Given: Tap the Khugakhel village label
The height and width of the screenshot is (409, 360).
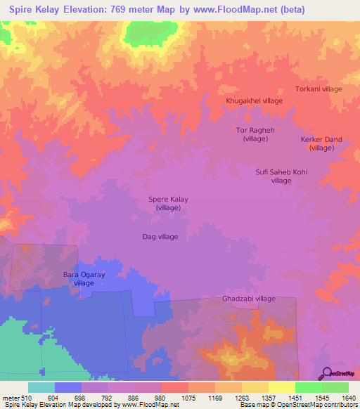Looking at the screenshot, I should coord(254,101).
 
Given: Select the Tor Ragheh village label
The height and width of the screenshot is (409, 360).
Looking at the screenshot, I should coord(254,134).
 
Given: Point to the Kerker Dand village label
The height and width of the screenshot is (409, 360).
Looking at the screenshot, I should coord(321,143).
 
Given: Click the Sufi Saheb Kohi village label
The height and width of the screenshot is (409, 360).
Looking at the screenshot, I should coord(281,176).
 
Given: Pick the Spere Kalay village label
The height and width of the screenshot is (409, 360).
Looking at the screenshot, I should coord(168,204).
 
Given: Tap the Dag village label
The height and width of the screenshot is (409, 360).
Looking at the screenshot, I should coord(160,237).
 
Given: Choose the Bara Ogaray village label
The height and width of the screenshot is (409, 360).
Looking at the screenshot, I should coord(84,278).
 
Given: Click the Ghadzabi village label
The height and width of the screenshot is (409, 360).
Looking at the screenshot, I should coord(249,299).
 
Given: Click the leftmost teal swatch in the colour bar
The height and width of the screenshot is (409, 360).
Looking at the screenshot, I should coord(41,387).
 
